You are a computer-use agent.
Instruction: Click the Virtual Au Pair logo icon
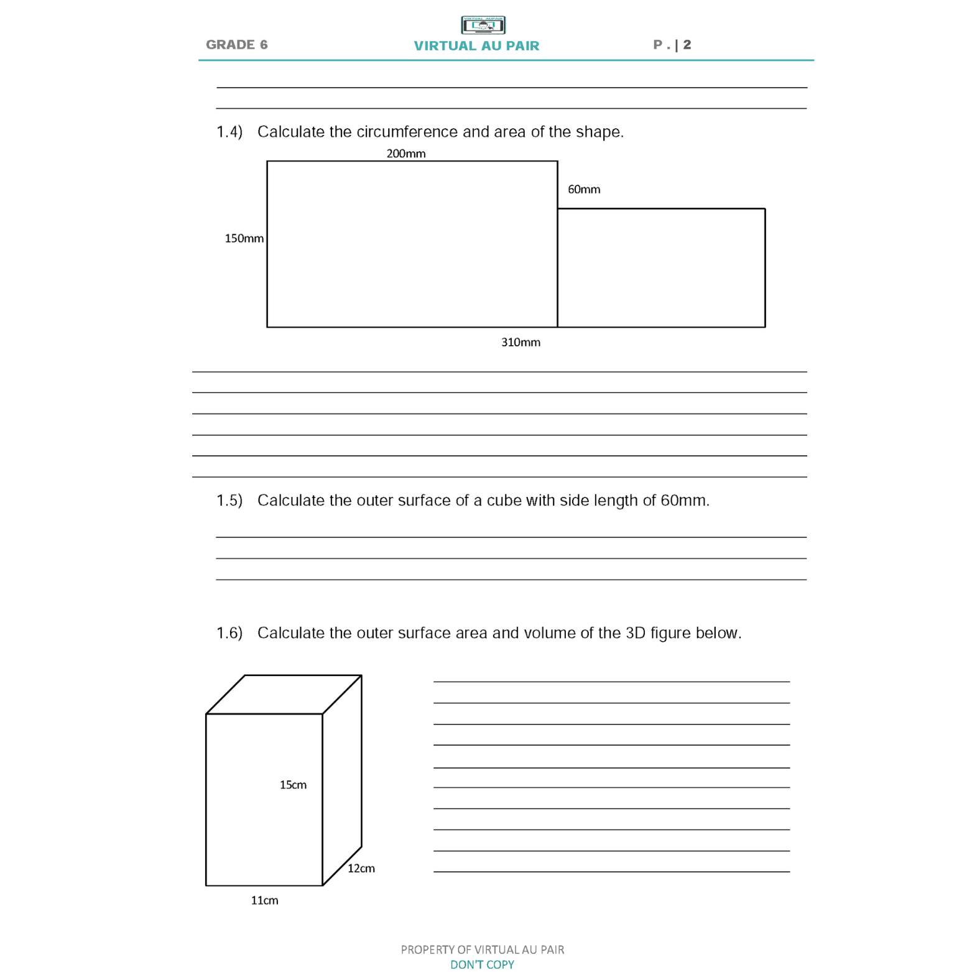point(483,25)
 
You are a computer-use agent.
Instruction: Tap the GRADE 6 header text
point(236,45)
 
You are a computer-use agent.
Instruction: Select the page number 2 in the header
point(687,45)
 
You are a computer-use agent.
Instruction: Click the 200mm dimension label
point(406,154)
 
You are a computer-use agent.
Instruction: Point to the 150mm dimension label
point(244,239)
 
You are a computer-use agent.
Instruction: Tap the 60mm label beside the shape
point(584,190)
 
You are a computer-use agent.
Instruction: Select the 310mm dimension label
point(521,343)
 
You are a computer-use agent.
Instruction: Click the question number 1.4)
point(229,132)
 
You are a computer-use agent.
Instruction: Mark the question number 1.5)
point(229,501)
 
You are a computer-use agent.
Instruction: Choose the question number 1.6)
point(229,633)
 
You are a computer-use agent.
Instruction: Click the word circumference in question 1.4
point(407,132)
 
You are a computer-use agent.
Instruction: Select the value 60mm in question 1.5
point(684,501)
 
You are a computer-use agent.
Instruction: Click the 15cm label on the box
point(293,785)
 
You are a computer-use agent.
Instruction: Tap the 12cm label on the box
point(361,869)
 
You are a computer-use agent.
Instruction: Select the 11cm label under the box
point(264,900)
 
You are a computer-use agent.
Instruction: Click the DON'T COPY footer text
point(482,965)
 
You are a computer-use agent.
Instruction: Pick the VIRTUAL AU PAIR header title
point(476,46)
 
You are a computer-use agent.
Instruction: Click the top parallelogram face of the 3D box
point(284,694)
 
